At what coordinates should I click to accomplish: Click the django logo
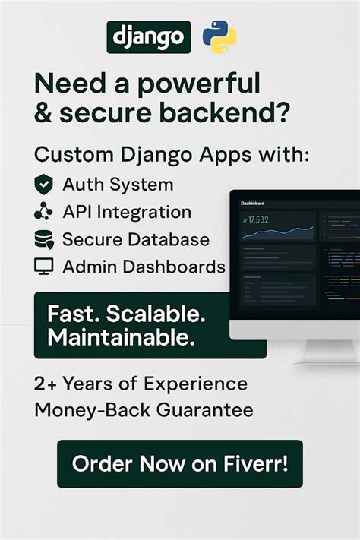[148, 36]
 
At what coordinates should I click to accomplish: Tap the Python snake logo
[219, 37]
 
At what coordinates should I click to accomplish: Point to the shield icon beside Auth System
[44, 185]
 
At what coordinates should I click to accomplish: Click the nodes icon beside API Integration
[44, 212]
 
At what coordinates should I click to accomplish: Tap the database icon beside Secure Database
[44, 240]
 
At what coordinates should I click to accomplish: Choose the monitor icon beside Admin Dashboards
[44, 267]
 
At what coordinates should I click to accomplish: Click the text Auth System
[118, 185]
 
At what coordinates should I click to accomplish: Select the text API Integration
[127, 212]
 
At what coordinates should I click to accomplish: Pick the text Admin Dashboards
[144, 267]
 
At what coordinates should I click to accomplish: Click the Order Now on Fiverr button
[179, 463]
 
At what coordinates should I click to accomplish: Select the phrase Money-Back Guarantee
[144, 410]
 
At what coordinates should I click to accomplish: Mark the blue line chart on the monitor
[277, 232]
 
